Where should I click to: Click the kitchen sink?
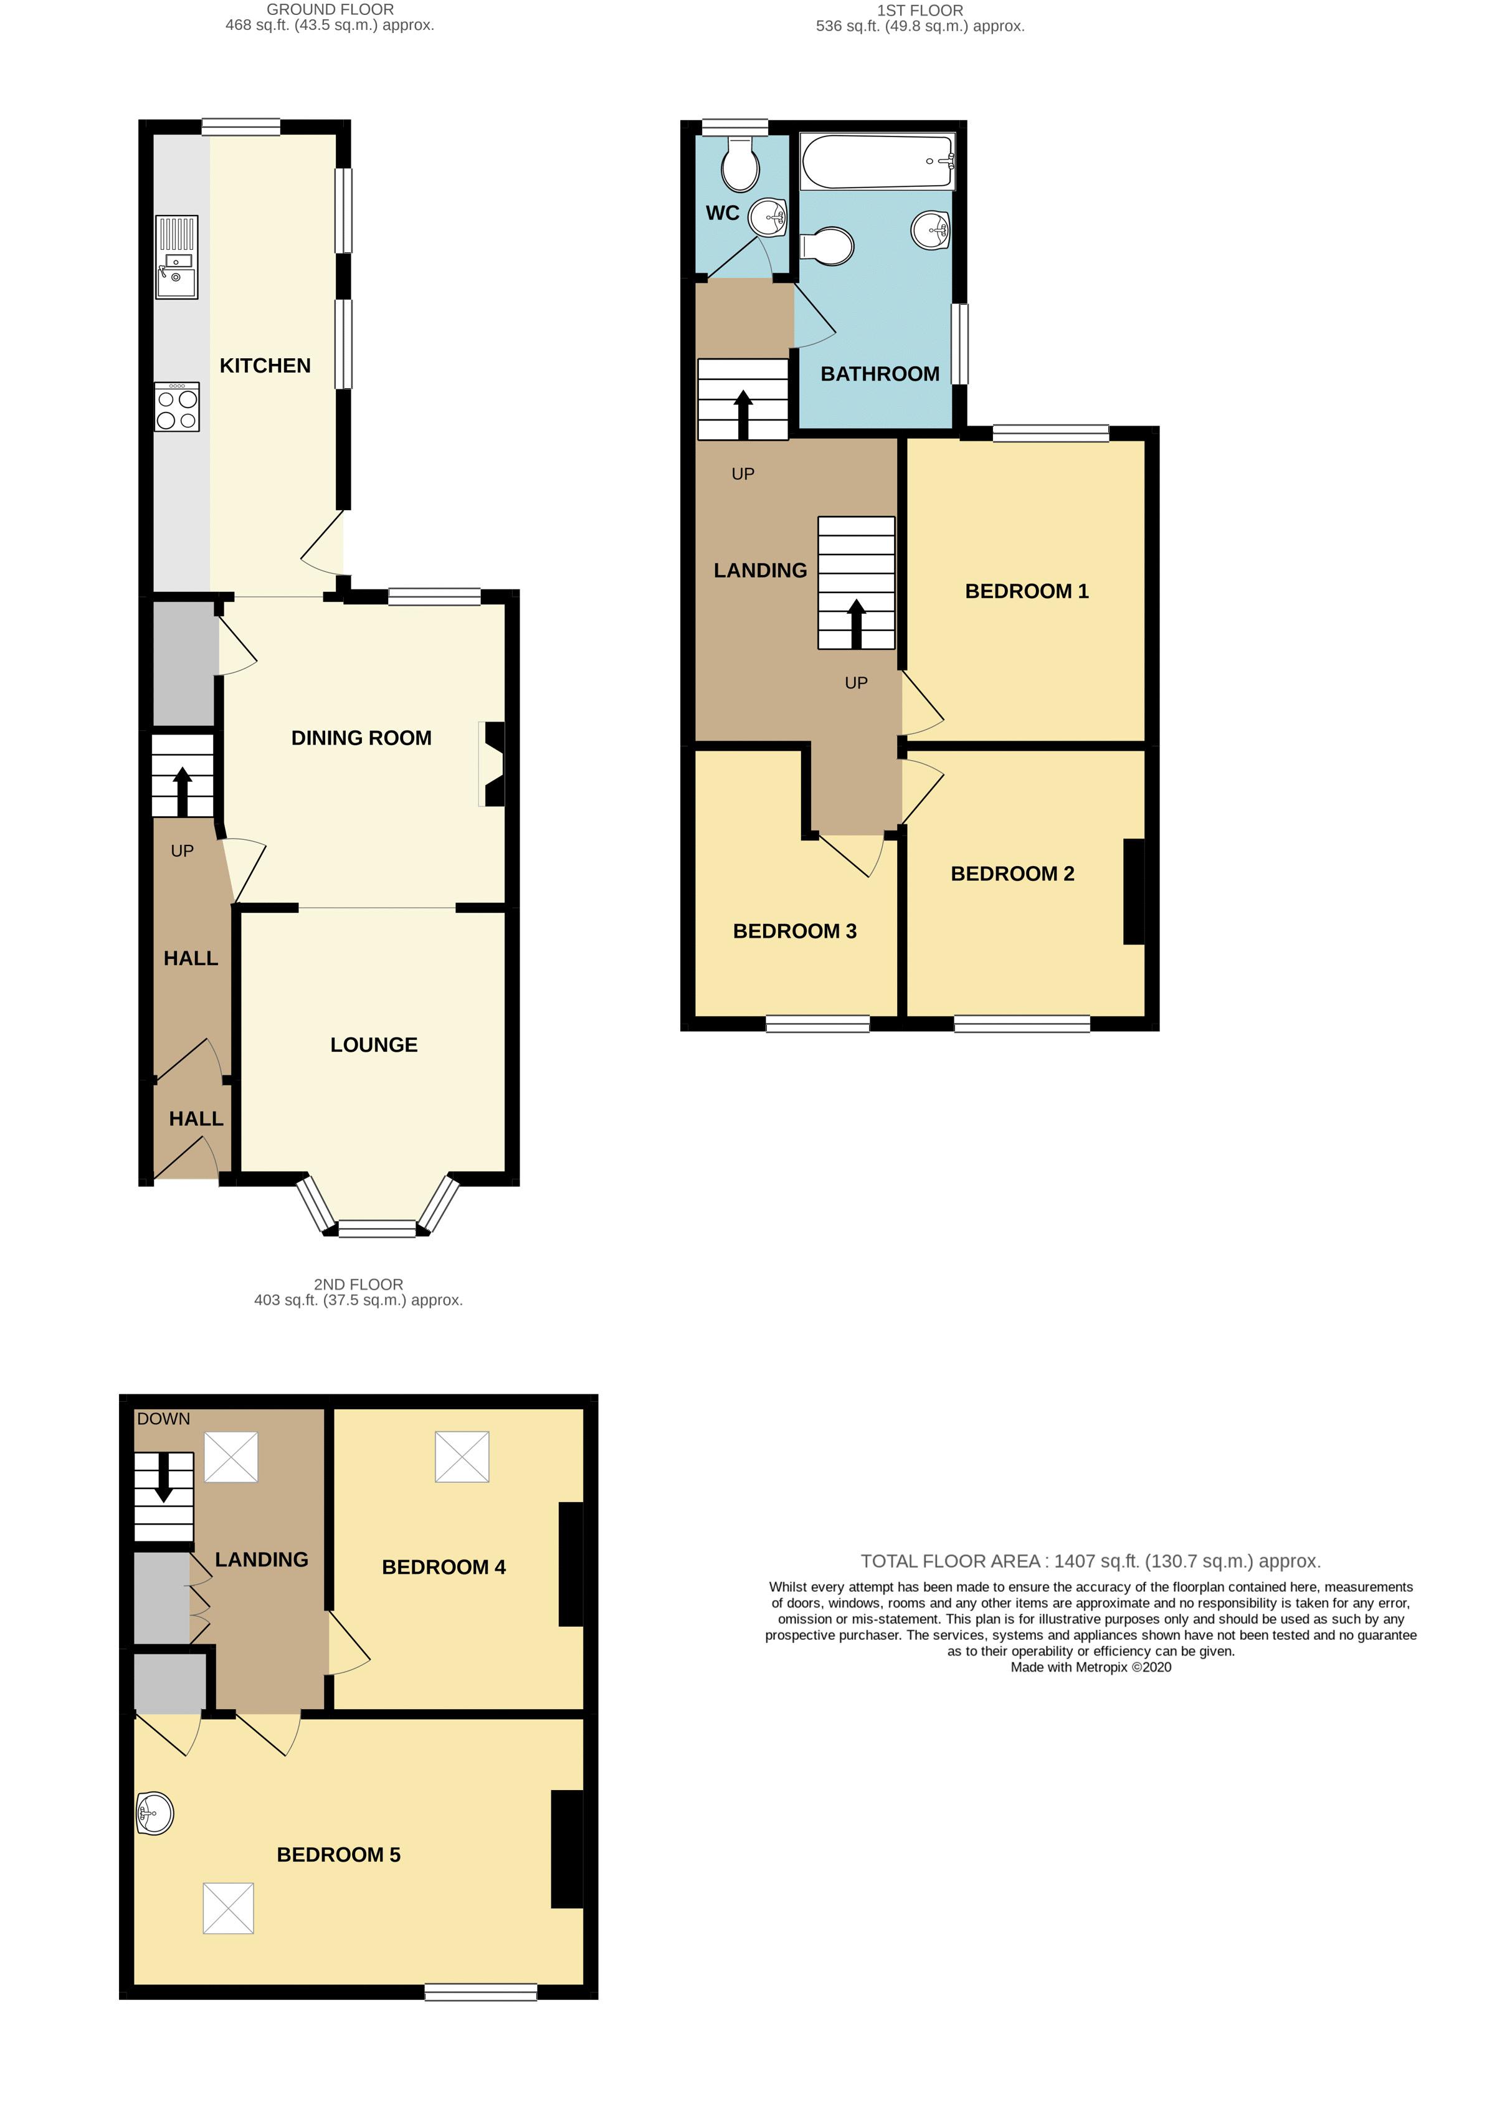click(176, 257)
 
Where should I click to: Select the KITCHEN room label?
click(265, 365)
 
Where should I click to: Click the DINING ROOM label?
click(361, 738)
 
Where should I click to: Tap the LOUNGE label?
click(374, 1045)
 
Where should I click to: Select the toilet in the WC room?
click(741, 164)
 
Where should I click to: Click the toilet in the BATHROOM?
click(827, 247)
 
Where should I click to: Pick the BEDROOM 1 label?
click(1027, 591)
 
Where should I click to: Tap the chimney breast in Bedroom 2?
click(1134, 892)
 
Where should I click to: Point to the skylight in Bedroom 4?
click(462, 1457)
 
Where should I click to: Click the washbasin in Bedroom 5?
click(154, 1813)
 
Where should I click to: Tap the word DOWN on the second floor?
click(164, 1419)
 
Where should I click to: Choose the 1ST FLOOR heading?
click(920, 10)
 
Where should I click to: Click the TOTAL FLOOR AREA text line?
click(1090, 1561)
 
